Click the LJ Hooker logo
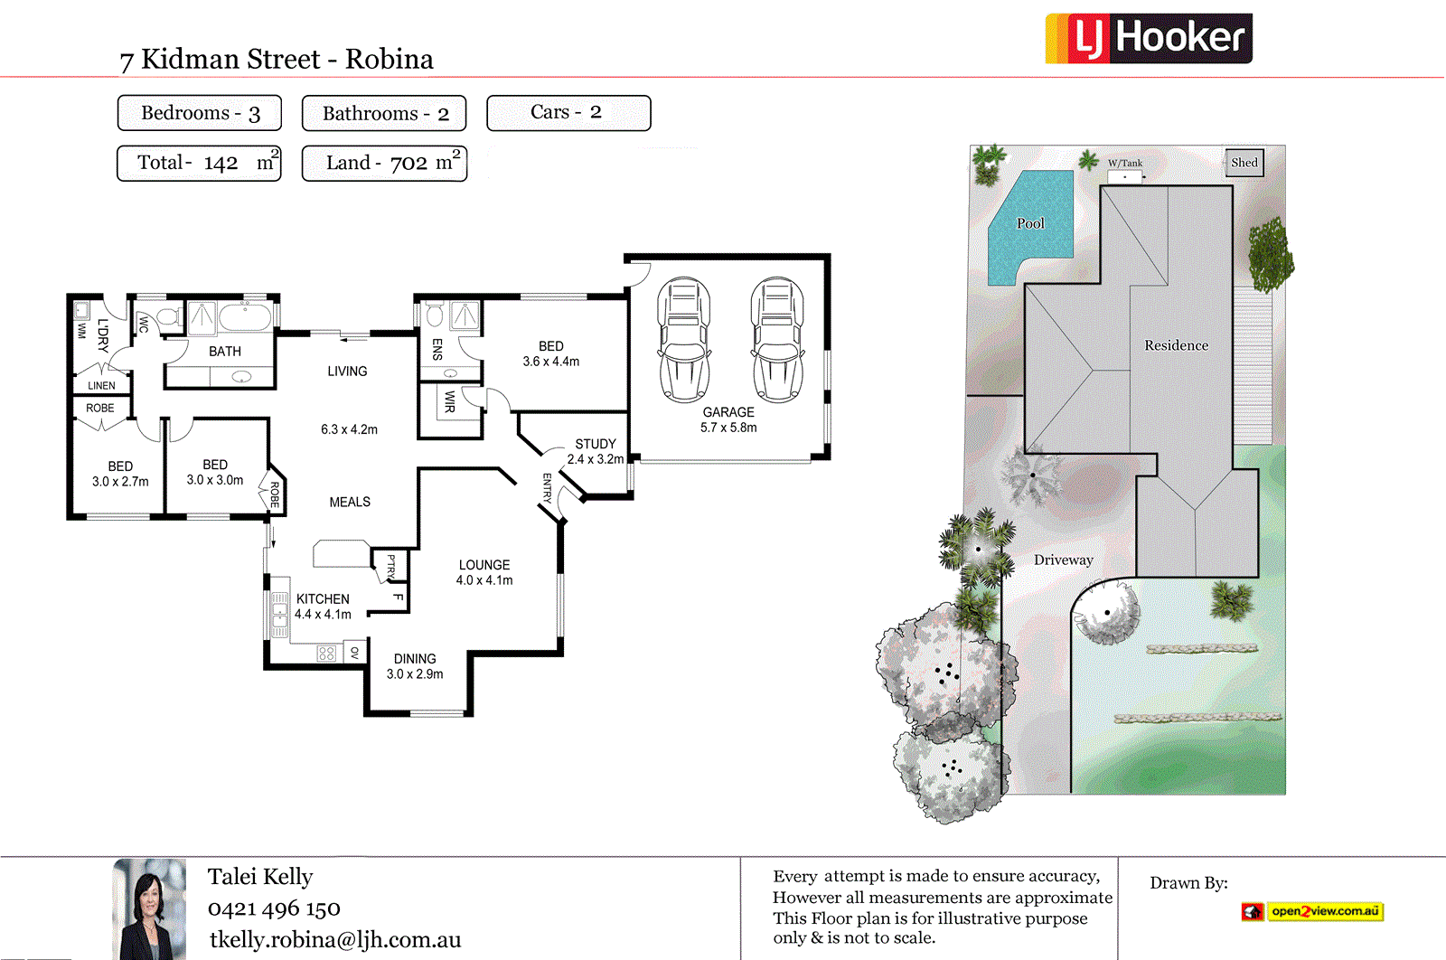(1148, 38)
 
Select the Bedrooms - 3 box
(200, 113)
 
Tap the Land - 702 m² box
(384, 164)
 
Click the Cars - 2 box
(568, 113)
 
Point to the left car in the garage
(684, 340)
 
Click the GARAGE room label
(728, 412)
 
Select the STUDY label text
(596, 444)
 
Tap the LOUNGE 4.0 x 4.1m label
(484, 572)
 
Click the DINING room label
(415, 659)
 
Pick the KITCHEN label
(323, 599)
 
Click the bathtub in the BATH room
(245, 317)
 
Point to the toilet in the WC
(168, 318)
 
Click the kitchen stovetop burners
(327, 653)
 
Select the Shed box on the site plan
(1244, 163)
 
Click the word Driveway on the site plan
(1064, 560)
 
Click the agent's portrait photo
(149, 908)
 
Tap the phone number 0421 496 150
(274, 908)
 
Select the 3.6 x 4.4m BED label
(550, 354)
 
